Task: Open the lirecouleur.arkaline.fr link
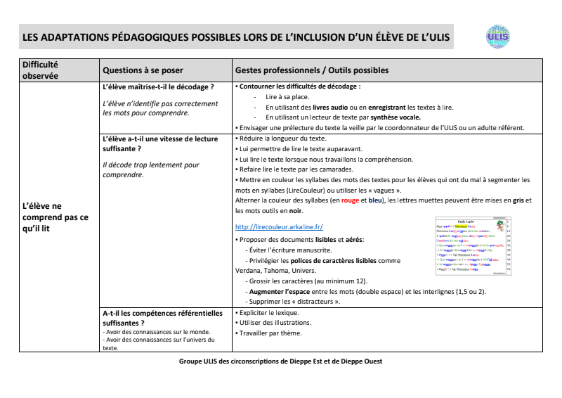point(278,227)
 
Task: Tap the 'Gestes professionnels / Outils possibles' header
point(311,71)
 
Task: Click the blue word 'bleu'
point(377,200)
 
